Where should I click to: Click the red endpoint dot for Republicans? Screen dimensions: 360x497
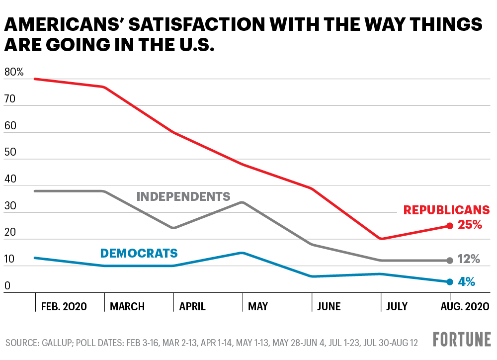450,226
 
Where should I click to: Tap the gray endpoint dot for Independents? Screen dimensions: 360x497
450,260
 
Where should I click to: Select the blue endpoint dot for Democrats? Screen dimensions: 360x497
450,282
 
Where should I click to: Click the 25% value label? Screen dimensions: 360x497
470,225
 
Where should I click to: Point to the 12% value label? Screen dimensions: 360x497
468,259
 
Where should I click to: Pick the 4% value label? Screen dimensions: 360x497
466,281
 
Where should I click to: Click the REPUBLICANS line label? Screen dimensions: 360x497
446,210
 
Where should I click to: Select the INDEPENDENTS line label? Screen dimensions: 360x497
183,196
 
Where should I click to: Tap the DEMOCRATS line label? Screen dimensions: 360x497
139,254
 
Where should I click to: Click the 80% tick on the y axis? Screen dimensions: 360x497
14,72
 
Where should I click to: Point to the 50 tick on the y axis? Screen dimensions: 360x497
10,152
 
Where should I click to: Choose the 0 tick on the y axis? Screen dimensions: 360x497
7,286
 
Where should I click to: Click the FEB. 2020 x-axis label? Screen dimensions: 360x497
64,306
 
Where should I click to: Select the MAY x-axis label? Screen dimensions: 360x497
258,306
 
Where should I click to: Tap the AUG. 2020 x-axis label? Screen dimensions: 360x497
465,306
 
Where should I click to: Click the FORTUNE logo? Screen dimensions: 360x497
462,340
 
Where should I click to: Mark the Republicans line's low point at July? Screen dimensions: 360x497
381,239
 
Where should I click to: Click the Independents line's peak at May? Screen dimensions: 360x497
242,202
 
